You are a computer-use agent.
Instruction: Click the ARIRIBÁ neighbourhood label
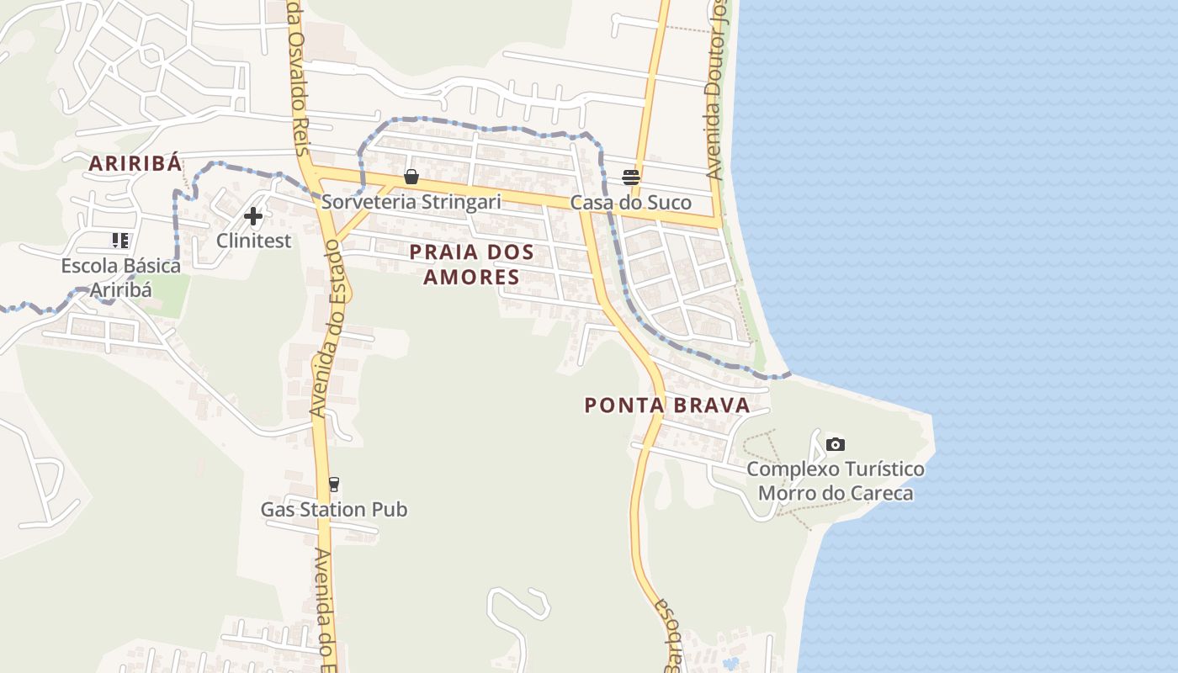(x=135, y=164)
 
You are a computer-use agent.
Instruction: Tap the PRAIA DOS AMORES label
(x=471, y=263)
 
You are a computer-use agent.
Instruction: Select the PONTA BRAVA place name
(x=667, y=405)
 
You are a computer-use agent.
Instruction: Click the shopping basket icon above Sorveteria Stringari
(x=411, y=177)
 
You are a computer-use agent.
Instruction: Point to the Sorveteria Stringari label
(x=411, y=202)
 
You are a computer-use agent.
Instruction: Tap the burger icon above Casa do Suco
(x=631, y=177)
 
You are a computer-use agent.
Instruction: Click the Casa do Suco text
(x=631, y=203)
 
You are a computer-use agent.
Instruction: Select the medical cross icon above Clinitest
(x=253, y=216)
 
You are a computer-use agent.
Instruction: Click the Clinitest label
(x=254, y=241)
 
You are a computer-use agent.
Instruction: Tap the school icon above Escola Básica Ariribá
(x=120, y=241)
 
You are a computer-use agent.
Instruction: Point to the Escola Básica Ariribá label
(x=121, y=278)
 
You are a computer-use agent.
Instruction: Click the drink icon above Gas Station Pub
(x=334, y=485)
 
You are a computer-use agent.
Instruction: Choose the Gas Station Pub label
(x=334, y=510)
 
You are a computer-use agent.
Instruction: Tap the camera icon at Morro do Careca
(x=835, y=444)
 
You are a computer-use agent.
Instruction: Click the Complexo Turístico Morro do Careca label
(x=836, y=480)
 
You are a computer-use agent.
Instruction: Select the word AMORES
(x=471, y=277)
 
